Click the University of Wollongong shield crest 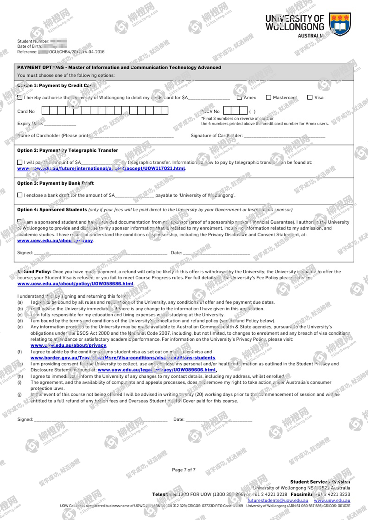tap(340, 24)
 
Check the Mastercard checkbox tap(268, 97)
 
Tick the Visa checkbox tap(310, 97)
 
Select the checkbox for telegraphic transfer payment tap(20, 162)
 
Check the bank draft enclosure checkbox tap(20, 195)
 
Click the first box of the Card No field tap(45, 111)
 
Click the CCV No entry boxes tap(235, 111)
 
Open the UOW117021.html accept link tap(101, 168)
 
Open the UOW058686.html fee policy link tap(75, 284)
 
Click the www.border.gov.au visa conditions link tap(123, 358)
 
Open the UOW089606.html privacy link tap(157, 370)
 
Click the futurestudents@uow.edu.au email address tap(278, 501)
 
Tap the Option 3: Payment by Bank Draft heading tap(55, 183)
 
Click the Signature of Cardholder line tap(284, 136)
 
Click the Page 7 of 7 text tap(184, 470)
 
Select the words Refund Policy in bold tap(34, 272)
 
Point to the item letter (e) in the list tap(20, 327)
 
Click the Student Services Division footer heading tap(320, 482)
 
